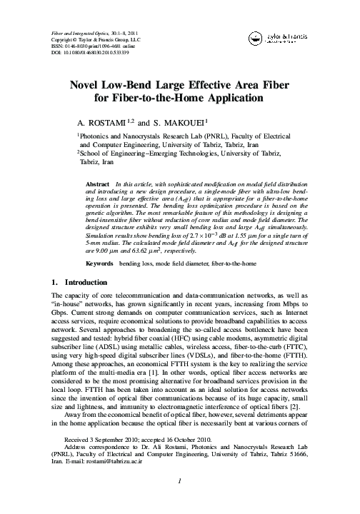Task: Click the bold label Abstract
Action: coord(97,183)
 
